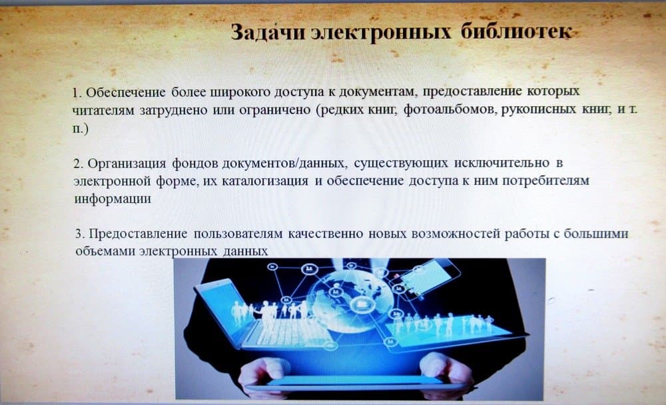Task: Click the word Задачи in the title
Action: click(268, 32)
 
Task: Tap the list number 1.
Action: click(77, 92)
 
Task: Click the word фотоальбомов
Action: click(450, 110)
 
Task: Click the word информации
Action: click(113, 199)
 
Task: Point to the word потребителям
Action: click(546, 181)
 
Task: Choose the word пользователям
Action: click(238, 234)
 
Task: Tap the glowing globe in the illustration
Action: click(352, 301)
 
